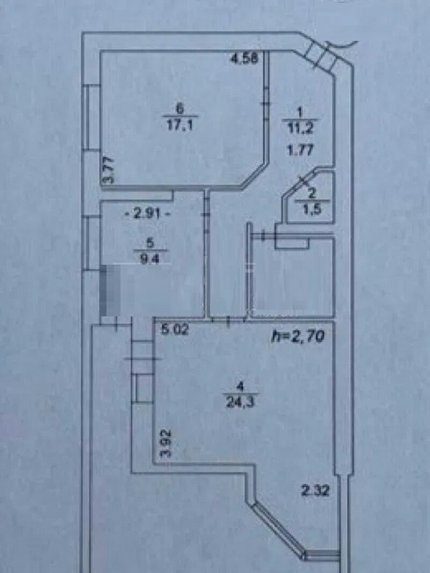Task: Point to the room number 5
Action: pyautogui.click(x=152, y=242)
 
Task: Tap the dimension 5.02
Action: pyautogui.click(x=176, y=330)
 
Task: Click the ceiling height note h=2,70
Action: pyautogui.click(x=298, y=336)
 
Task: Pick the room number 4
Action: pyautogui.click(x=241, y=386)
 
